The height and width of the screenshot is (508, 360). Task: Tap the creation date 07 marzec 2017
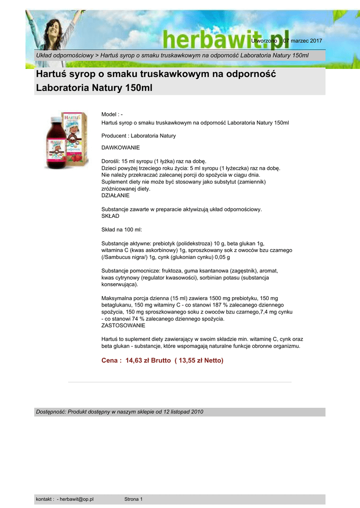point(302,40)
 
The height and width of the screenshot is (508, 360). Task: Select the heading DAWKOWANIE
point(121,148)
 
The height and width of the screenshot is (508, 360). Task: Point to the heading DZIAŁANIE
point(115,195)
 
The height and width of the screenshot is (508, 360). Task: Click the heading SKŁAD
point(110,216)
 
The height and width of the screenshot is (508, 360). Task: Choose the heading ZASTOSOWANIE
point(123,325)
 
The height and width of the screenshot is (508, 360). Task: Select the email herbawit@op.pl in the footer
point(76,499)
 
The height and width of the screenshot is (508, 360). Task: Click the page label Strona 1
point(133,499)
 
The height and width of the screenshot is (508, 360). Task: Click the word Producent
point(114,135)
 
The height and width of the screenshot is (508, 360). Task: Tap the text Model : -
point(112,115)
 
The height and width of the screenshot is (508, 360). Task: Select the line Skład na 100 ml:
point(122,230)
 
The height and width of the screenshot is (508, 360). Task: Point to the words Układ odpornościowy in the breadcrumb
point(65,55)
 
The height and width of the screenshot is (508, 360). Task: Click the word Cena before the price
point(109,360)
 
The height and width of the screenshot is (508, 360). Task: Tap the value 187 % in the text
point(222,305)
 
